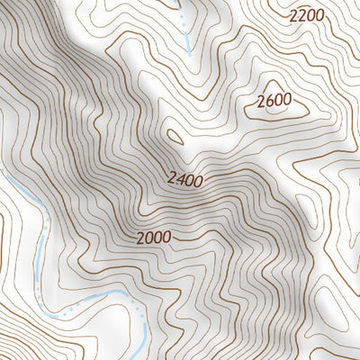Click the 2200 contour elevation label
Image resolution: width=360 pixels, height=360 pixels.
click(306, 15)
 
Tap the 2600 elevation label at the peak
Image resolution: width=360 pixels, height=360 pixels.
click(274, 101)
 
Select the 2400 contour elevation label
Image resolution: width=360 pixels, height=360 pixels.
click(184, 179)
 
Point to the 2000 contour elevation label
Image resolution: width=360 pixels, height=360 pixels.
click(154, 238)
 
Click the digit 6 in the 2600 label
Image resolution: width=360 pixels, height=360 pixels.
click(269, 101)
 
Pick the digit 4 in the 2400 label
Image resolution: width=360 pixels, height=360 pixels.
click(180, 179)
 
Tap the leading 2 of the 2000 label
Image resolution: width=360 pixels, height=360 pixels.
click(141, 238)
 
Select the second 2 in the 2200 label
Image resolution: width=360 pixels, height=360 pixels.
click(302, 16)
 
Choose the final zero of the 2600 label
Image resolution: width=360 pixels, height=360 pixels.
click(286, 101)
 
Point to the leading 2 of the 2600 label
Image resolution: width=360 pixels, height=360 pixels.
click(261, 102)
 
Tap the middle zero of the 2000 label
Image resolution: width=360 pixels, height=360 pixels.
click(157, 238)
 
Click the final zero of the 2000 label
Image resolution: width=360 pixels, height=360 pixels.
click(166, 238)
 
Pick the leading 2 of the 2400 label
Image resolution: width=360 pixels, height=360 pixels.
click(171, 180)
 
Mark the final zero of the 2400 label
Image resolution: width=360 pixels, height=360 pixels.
click(197, 179)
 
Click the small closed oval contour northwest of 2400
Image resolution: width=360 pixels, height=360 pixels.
click(176, 138)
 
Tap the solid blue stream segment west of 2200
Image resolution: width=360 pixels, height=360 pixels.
click(187, 36)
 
